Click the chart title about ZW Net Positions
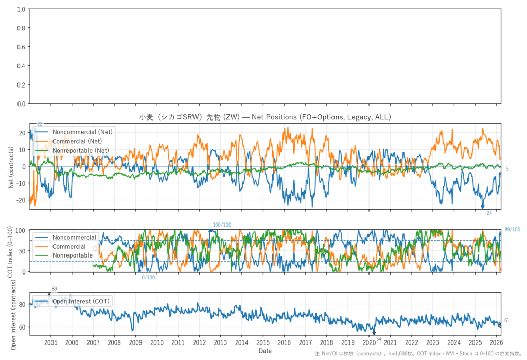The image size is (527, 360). point(265,117)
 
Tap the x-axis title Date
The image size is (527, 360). point(265,351)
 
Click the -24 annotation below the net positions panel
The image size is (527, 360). point(488,213)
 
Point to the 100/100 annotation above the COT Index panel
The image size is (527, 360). point(222,225)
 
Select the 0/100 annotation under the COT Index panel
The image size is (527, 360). point(148,278)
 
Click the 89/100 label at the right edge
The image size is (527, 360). point(512,230)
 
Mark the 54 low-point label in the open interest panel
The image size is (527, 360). point(379,338)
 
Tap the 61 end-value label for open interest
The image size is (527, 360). point(507,320)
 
